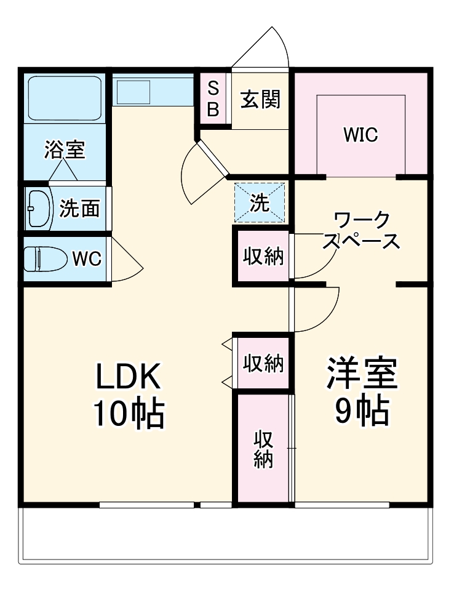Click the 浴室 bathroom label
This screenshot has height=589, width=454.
tap(65, 150)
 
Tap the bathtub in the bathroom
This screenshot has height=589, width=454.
tap(65, 98)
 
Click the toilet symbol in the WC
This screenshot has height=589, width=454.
tap(44, 258)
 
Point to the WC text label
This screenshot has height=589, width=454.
tap(87, 259)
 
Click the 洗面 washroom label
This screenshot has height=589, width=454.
tap(79, 209)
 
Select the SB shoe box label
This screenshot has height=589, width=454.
tap(213, 98)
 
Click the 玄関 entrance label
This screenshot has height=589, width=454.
tap(260, 99)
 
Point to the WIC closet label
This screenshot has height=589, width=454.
tap(360, 135)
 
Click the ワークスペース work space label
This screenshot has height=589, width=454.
tap(360, 230)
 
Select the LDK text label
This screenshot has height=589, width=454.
tap(128, 377)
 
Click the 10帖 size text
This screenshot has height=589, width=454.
tap(128, 414)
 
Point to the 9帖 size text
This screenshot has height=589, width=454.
tap(362, 412)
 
